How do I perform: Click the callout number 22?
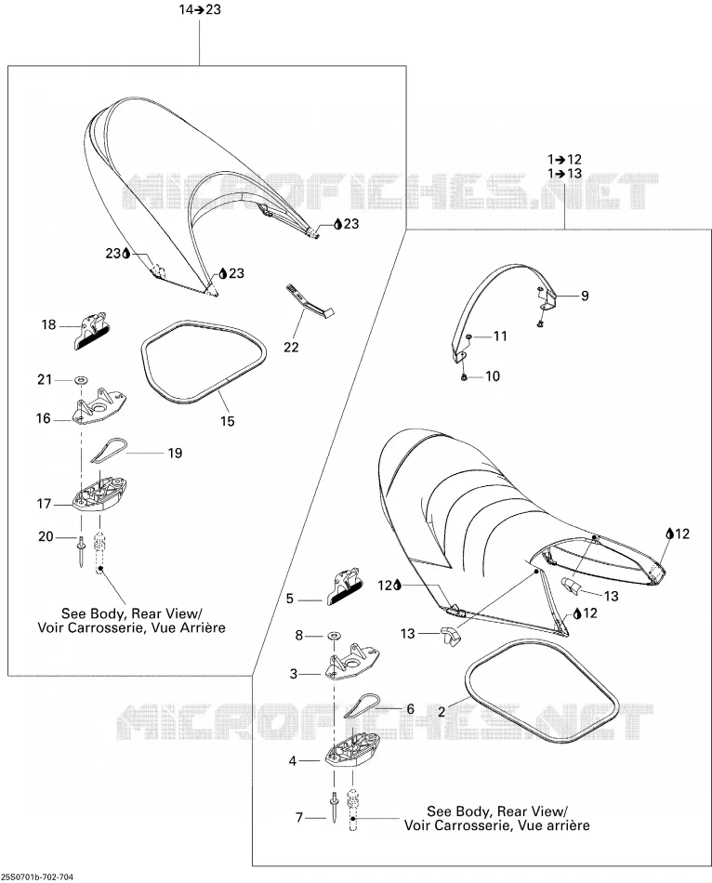click(291, 347)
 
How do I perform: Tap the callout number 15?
click(227, 421)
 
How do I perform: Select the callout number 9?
click(585, 296)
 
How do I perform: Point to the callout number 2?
click(442, 712)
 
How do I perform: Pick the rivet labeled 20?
click(82, 551)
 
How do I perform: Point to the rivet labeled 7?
click(335, 807)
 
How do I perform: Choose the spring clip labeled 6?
click(362, 705)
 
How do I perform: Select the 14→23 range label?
click(200, 9)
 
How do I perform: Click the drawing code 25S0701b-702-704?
click(37, 877)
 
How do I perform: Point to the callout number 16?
click(44, 418)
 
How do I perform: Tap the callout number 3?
click(294, 674)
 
